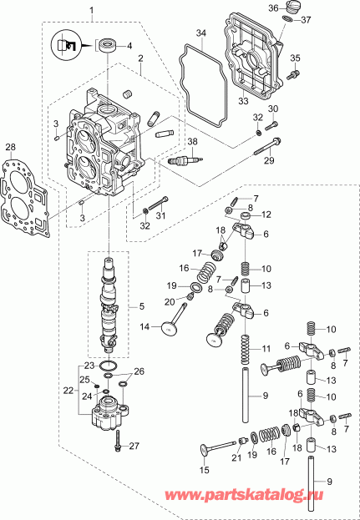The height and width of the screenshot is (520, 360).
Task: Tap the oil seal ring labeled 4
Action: (x=107, y=45)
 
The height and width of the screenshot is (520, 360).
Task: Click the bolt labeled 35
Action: (x=292, y=73)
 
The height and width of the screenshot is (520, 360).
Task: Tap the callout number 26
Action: (x=139, y=371)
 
